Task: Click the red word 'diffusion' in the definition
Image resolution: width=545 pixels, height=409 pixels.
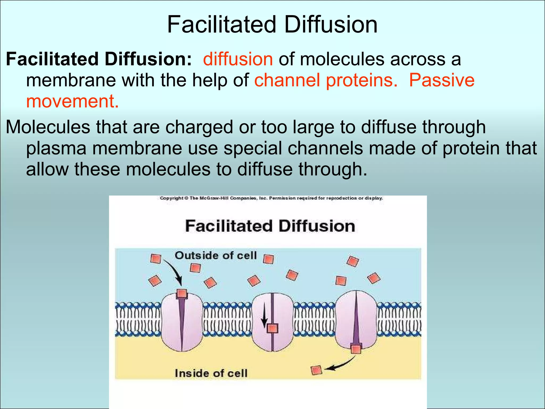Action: tap(238, 59)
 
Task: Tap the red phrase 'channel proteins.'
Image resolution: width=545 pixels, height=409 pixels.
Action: tap(326, 80)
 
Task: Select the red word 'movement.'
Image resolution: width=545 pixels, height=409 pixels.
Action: tap(72, 101)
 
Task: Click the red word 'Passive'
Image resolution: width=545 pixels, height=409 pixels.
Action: tap(442, 80)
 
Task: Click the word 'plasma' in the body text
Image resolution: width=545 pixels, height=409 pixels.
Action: tap(56, 148)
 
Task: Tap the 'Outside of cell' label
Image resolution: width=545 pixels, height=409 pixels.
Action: tap(216, 256)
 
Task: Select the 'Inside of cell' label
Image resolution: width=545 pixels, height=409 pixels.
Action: tap(211, 373)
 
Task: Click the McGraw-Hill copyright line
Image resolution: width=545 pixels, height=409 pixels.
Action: tap(271, 198)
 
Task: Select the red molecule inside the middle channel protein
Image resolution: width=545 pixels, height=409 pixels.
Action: tap(272, 328)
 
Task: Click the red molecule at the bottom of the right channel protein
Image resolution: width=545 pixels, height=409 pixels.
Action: tap(356, 349)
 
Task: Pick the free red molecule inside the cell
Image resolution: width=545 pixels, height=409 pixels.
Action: tap(316, 370)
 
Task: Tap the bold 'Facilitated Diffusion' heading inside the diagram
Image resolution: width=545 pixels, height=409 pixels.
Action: tap(270, 226)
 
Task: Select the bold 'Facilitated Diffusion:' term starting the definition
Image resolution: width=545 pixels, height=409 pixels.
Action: tap(99, 59)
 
